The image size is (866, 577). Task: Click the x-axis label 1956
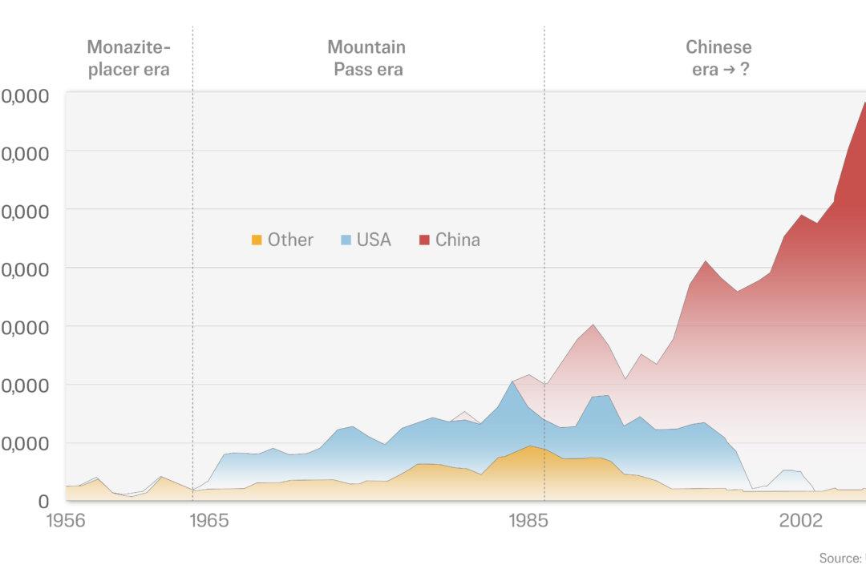pyautogui.click(x=66, y=521)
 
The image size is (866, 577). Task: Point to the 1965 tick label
pyautogui.click(x=208, y=521)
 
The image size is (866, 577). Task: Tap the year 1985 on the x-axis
pyautogui.click(x=528, y=521)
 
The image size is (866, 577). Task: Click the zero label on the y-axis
pyautogui.click(x=44, y=502)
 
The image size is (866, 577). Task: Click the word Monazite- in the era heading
pyautogui.click(x=128, y=47)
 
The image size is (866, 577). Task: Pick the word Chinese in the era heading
pyautogui.click(x=718, y=47)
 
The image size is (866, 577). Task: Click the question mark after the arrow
pyautogui.click(x=745, y=70)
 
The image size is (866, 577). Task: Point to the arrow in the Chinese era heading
pyautogui.click(x=729, y=70)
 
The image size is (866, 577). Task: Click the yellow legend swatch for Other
pyautogui.click(x=257, y=240)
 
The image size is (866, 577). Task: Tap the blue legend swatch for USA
pyautogui.click(x=346, y=240)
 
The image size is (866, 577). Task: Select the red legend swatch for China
pyautogui.click(x=424, y=240)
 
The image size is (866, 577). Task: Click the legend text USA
pyautogui.click(x=374, y=240)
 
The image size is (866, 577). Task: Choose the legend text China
pyautogui.click(x=458, y=240)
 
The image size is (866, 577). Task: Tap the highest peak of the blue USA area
pyautogui.click(x=512, y=382)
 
